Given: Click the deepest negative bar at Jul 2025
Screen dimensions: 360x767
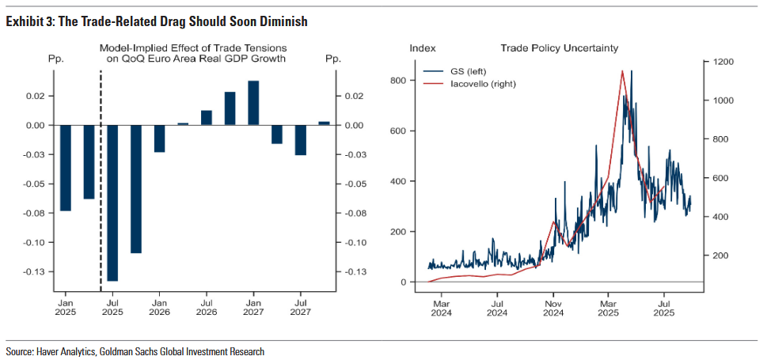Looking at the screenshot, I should coord(112,203).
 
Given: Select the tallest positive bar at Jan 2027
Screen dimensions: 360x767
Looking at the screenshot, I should coord(253,103).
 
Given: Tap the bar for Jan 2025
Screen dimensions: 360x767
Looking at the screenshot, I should coord(66,168).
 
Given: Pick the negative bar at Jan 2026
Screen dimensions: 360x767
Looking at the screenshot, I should coord(159,138).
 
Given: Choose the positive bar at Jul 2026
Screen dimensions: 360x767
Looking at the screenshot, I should coord(207,118).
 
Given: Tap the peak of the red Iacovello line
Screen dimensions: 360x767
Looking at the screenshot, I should coord(623,71).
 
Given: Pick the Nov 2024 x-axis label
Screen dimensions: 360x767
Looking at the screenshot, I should coord(553,307).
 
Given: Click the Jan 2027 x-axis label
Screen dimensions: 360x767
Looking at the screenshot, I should coord(253,307).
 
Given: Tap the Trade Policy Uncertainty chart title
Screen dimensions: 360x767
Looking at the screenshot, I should coord(558,49).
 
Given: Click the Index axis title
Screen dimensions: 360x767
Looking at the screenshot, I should coord(422,49).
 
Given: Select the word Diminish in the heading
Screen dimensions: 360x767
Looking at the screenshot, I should coord(283,21).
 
